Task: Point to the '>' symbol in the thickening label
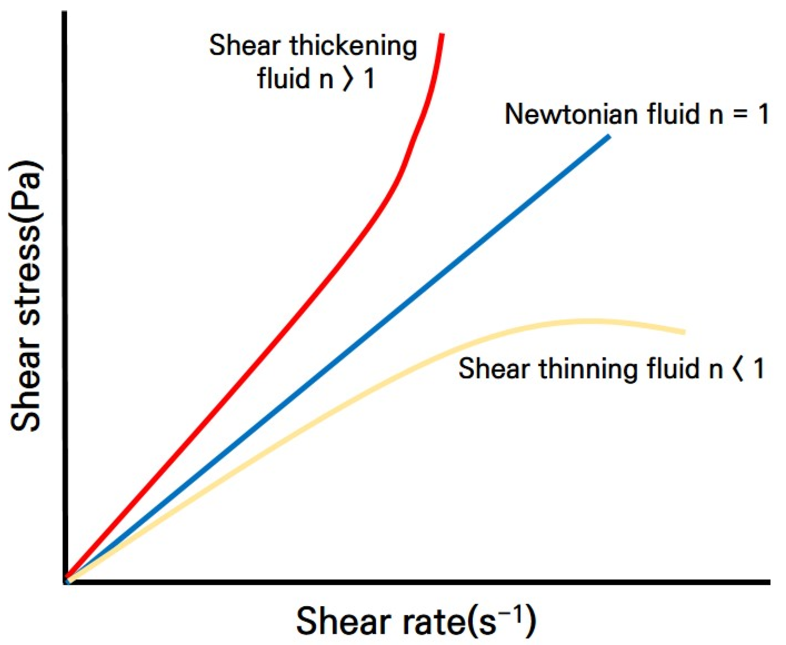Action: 348,79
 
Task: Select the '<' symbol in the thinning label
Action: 738,369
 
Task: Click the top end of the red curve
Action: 442,35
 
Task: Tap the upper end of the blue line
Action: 609,137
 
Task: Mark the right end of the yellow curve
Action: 684,332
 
